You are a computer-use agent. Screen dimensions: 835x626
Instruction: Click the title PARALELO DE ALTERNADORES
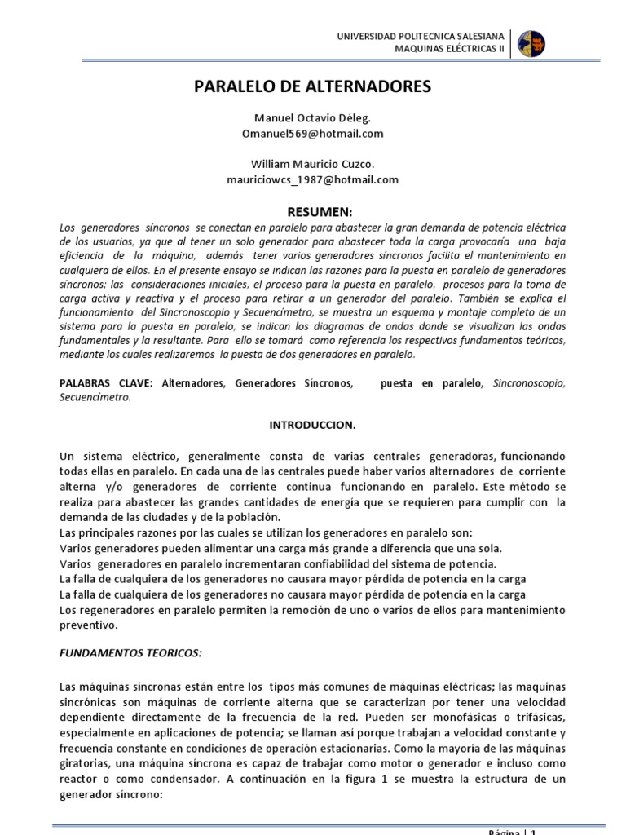coord(313,87)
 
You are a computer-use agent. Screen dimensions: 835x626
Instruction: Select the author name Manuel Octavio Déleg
coord(313,118)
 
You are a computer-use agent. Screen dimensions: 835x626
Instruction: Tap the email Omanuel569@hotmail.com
coord(313,133)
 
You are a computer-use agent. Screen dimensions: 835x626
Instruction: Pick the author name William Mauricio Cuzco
coord(313,164)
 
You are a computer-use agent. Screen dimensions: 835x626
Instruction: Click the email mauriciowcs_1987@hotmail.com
coord(313,179)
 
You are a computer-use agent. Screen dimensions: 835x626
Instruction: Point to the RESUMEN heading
coord(313,210)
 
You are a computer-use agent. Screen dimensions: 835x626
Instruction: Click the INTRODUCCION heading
coord(313,425)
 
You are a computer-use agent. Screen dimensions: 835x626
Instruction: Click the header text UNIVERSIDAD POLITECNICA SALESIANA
coord(421,37)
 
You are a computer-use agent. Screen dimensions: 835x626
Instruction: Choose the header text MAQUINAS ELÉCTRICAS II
coord(450,49)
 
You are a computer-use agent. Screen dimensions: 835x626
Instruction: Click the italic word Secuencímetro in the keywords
coord(95,397)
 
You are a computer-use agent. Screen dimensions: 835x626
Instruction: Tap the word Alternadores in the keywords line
coord(195,382)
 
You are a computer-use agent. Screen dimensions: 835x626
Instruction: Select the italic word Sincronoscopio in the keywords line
coord(528,382)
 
